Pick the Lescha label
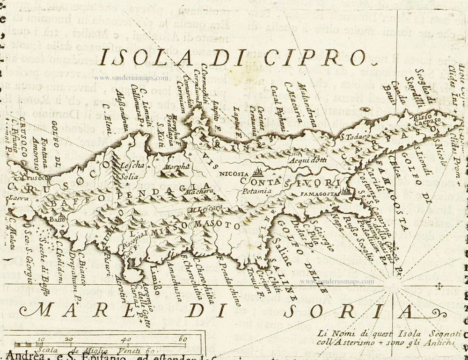tap(130, 166)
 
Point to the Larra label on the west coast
tap(15, 198)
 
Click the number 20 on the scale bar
tap(69, 339)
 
